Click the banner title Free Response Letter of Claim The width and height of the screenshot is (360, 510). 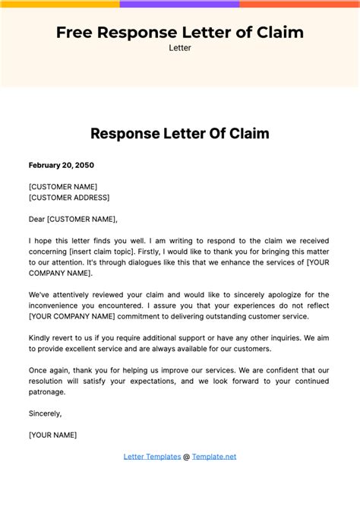[x=180, y=32]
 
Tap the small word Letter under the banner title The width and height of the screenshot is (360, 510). [x=180, y=48]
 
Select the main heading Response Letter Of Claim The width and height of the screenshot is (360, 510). [x=180, y=134]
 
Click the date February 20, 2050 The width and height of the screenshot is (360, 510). [x=62, y=165]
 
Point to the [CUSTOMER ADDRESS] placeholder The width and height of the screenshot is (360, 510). [x=69, y=198]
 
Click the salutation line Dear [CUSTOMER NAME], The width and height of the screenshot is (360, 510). [x=74, y=219]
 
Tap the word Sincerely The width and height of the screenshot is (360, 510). [x=46, y=413]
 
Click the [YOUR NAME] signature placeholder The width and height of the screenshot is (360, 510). [x=52, y=435]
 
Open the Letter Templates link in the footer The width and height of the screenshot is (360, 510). [x=152, y=456]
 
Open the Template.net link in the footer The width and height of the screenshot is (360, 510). [x=214, y=456]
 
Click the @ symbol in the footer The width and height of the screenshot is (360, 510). [x=187, y=456]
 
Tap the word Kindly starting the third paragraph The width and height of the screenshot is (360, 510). [x=41, y=337]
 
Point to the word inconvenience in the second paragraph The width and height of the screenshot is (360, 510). [x=56, y=305]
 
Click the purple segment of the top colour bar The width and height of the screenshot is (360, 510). [x=180, y=4]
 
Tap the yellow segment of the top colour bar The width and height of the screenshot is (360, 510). [x=60, y=4]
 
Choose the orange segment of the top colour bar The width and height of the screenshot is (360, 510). [x=300, y=4]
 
